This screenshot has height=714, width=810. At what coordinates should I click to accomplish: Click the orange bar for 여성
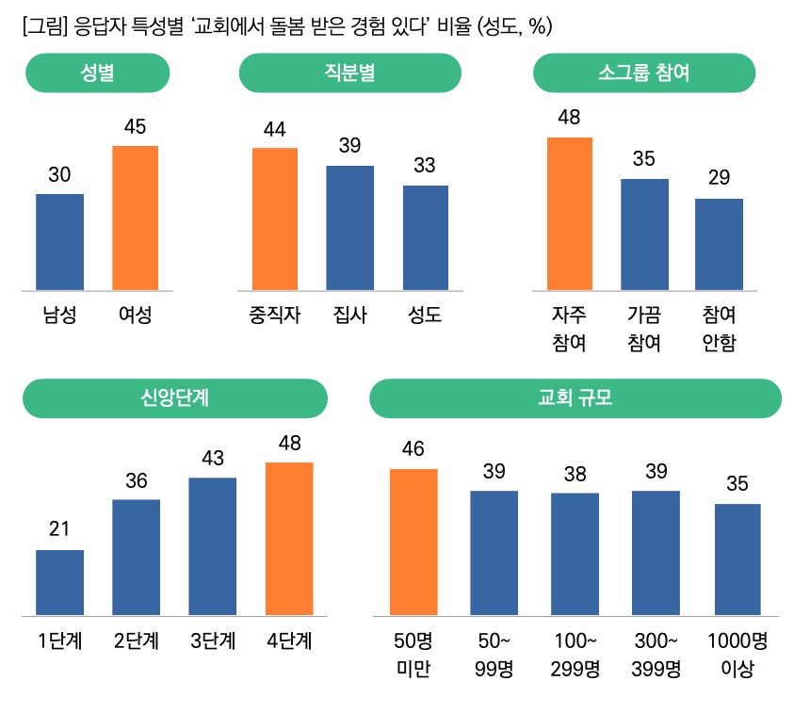(135, 218)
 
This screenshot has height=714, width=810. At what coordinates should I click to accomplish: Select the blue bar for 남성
(59, 241)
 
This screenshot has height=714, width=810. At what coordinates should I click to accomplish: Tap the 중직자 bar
(274, 219)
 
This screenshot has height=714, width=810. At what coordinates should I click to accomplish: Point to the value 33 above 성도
(425, 166)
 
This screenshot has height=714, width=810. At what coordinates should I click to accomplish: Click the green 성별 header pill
(97, 73)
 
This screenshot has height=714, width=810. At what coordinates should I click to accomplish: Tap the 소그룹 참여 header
(644, 73)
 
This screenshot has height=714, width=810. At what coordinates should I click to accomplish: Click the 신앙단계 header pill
(174, 398)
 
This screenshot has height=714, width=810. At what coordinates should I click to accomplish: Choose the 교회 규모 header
(575, 398)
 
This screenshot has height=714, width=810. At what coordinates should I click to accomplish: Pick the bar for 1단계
(59, 582)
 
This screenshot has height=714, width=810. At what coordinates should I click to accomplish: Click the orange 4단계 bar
(289, 539)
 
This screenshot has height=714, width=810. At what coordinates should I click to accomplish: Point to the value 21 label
(59, 528)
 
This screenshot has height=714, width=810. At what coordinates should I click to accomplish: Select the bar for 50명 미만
(413, 542)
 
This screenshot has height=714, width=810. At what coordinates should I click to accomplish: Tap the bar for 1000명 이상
(737, 560)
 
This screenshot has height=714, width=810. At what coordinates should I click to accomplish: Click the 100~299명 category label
(575, 656)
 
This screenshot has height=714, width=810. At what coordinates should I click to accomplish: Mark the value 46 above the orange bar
(413, 448)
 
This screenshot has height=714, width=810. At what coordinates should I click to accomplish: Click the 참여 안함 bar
(719, 244)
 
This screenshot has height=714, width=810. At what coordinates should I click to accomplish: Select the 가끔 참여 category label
(644, 328)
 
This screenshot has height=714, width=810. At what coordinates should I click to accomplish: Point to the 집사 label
(349, 316)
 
